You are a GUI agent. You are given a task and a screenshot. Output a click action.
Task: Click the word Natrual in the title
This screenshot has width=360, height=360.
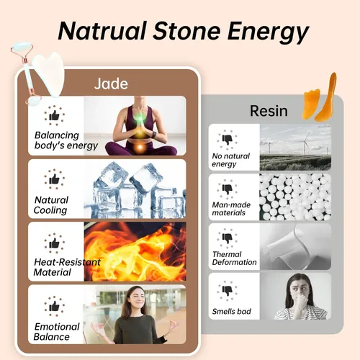(x=102, y=31)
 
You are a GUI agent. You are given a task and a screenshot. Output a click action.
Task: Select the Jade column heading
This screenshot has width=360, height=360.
(x=111, y=84)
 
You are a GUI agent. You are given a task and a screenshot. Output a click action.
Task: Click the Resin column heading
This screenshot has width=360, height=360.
(x=269, y=111)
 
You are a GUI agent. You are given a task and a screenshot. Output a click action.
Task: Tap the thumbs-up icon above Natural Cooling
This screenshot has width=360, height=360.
(x=54, y=179)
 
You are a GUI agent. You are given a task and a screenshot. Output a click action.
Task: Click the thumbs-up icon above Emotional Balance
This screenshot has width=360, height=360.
(x=54, y=306)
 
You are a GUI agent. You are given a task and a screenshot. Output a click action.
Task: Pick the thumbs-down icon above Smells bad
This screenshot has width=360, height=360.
(x=227, y=291)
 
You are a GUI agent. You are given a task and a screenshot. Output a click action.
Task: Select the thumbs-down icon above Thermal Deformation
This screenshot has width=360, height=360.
(x=227, y=238)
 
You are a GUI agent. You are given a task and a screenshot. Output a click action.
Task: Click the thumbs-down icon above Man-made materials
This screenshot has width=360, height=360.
(x=227, y=189)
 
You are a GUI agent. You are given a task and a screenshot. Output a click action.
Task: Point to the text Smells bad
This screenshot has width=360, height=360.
(x=232, y=312)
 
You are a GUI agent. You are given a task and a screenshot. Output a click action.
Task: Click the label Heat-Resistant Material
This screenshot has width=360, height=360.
(x=67, y=267)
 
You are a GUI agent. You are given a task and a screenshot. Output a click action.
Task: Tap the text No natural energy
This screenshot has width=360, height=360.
(x=231, y=160)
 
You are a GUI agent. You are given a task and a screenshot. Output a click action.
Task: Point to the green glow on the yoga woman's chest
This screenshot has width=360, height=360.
(x=140, y=118)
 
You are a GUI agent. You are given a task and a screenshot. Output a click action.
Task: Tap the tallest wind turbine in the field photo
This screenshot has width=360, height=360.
(x=306, y=143)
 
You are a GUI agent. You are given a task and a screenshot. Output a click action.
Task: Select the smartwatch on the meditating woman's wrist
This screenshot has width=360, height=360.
(x=154, y=135)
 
